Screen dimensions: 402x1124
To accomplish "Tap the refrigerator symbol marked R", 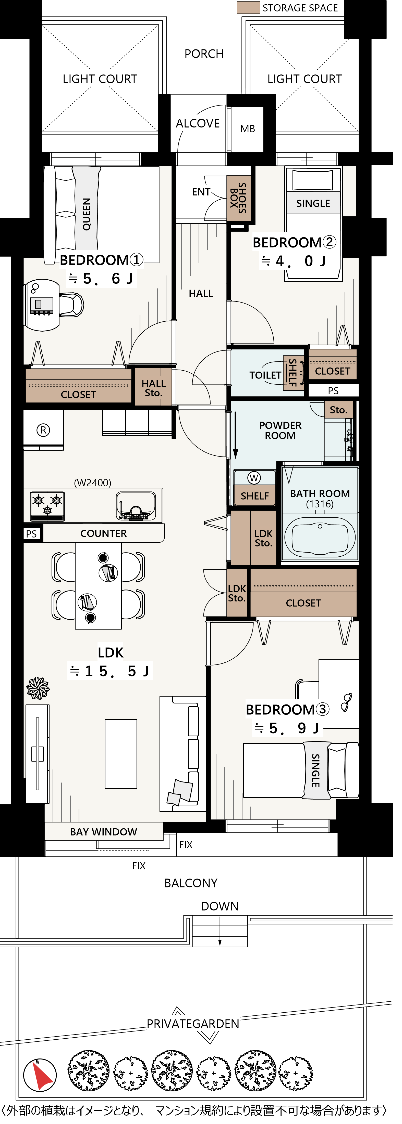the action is tap(43, 430).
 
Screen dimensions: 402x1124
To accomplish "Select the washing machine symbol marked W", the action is tap(254, 478).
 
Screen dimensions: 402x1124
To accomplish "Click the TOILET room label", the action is tap(265, 375).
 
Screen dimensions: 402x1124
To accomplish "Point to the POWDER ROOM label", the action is tap(280, 430).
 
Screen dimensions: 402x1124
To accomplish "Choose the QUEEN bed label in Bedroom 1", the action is tap(87, 214).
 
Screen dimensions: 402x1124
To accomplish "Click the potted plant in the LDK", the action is tap(38, 688).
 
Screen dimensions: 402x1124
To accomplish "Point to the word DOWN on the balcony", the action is tap(220, 906).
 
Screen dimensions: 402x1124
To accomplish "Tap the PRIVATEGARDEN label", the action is tap(193, 1024).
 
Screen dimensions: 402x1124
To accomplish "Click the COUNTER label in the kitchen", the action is tap(104, 533).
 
